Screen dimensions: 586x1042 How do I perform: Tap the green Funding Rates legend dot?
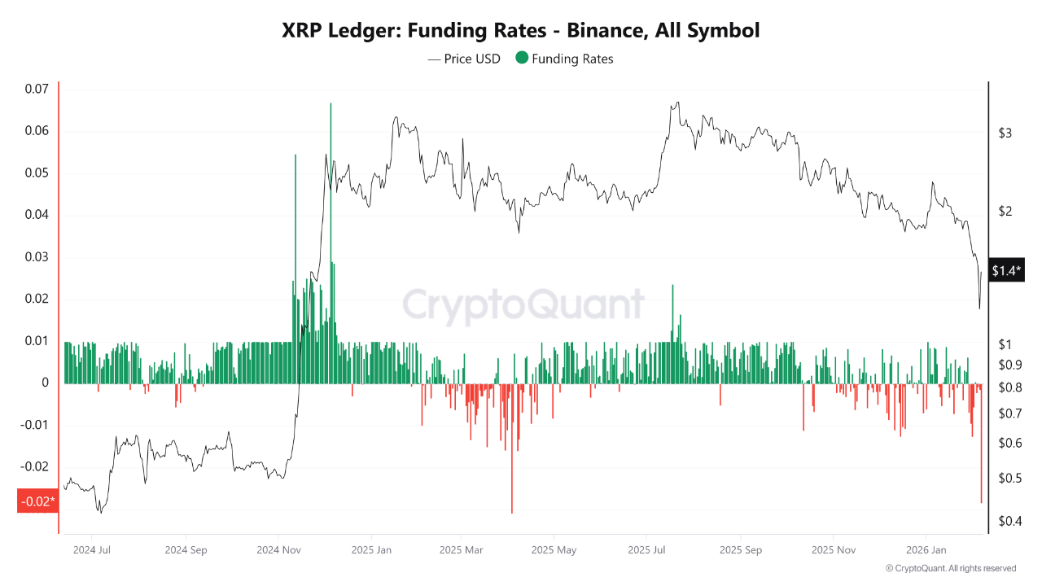point(522,58)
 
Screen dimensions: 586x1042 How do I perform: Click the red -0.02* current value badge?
point(37,501)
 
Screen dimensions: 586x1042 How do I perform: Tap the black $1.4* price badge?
point(1006,270)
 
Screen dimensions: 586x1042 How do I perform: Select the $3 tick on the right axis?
point(1005,133)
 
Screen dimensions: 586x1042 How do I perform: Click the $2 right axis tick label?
point(1005,212)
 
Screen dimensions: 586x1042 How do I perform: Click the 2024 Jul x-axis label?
point(91,550)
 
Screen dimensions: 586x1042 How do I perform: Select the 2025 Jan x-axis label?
point(371,550)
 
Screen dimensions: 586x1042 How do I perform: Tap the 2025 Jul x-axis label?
point(648,550)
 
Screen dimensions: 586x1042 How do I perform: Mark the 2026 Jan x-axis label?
point(926,550)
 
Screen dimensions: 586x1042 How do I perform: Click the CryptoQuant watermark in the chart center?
point(523,306)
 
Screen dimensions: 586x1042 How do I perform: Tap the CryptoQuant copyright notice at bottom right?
point(950,568)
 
